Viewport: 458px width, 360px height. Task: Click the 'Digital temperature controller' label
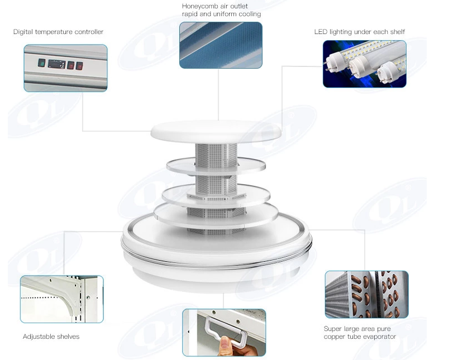click(x=58, y=32)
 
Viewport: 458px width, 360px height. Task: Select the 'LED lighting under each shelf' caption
click(x=359, y=32)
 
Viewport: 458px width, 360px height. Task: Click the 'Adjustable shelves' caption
click(x=51, y=337)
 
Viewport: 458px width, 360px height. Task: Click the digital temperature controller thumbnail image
click(x=65, y=68)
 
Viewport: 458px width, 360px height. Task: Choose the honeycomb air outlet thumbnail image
click(x=221, y=45)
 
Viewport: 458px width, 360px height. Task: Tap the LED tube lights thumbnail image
click(x=364, y=64)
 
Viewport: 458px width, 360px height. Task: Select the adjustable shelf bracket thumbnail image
click(x=61, y=299)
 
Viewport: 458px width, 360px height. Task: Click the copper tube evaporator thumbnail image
click(x=366, y=294)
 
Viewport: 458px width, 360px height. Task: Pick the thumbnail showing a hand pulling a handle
click(x=224, y=332)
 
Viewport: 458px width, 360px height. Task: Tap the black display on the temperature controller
click(x=56, y=64)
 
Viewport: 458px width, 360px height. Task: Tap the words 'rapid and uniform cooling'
click(x=221, y=14)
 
